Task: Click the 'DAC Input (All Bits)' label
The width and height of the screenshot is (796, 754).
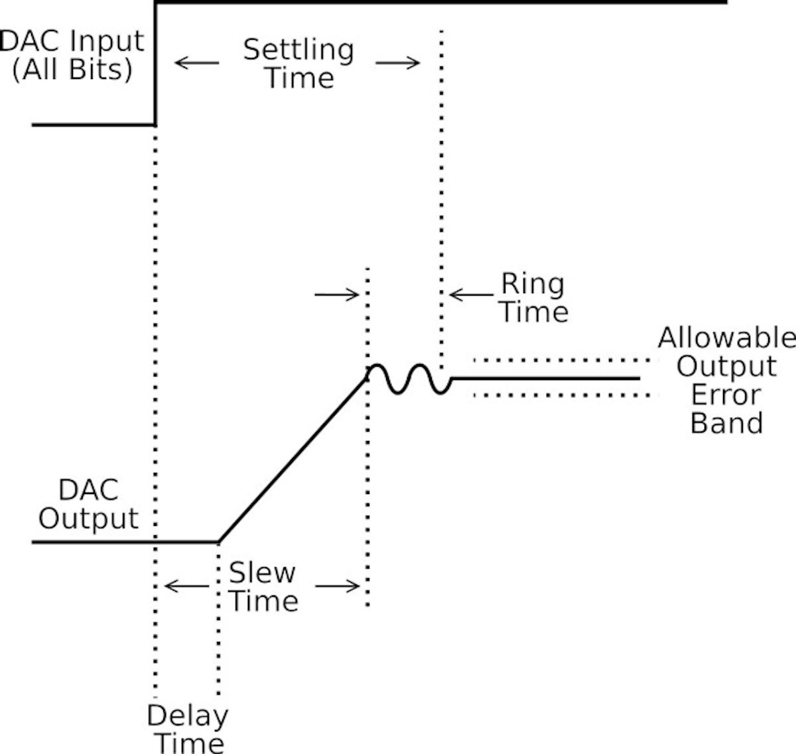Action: point(73,55)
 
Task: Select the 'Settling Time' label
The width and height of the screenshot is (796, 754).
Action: point(298,64)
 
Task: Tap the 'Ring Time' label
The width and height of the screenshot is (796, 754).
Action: point(533,298)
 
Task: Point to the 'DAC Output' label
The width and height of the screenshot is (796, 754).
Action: point(88,505)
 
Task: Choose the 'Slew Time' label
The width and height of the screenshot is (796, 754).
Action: point(263,587)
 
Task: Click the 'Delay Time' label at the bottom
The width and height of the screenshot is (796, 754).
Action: point(187,728)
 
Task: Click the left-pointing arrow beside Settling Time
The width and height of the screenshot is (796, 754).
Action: point(196,64)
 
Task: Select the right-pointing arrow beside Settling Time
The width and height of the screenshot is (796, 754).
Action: point(398,64)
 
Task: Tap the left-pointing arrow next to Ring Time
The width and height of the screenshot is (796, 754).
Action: point(470,294)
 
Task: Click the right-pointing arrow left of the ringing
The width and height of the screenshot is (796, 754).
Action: point(337,294)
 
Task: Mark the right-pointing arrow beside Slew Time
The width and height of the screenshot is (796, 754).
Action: point(338,586)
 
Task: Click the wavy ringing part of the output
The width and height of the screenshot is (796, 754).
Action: point(408,379)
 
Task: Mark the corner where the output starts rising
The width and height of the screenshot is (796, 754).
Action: point(219,542)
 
